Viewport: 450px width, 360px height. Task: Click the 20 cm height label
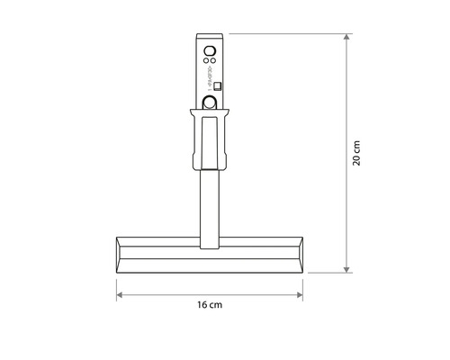coord(357,153)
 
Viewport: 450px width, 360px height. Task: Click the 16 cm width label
coord(210,306)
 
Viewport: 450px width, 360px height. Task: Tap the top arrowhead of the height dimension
coord(346,38)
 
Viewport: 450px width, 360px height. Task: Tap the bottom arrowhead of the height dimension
coord(346,268)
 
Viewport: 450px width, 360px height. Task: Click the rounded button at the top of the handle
coord(210,51)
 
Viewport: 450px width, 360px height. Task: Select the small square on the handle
coord(217,87)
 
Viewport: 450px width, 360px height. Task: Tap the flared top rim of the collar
coord(210,112)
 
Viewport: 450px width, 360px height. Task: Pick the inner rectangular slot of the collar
coord(210,139)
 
